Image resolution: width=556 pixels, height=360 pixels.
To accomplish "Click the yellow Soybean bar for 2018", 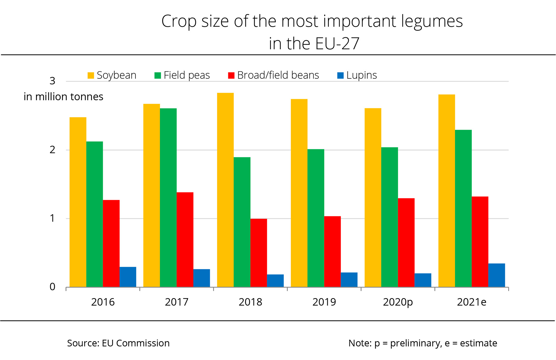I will [225, 190].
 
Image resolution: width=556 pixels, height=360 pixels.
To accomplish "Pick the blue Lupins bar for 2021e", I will [497, 275].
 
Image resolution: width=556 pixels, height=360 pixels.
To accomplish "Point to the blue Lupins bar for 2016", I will [128, 277].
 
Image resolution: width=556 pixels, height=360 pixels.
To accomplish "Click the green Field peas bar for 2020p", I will [390, 217].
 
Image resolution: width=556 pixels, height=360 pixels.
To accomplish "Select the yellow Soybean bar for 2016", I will [78, 202].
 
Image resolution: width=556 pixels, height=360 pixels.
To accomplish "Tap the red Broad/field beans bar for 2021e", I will [480, 242].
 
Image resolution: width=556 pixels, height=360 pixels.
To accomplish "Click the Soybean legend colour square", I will [91, 75].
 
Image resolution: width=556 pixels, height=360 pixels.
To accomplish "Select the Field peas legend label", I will [187, 75].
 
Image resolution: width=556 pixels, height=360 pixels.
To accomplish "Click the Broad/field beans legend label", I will [278, 75].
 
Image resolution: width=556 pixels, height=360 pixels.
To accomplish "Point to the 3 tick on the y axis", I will [53, 81].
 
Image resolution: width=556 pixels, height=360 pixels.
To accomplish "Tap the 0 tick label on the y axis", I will [53, 287].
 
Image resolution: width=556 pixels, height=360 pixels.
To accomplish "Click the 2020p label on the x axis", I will [398, 302].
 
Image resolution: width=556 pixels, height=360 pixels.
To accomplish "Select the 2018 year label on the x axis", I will [250, 302].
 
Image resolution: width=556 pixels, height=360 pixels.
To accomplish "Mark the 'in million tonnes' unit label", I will [64, 97].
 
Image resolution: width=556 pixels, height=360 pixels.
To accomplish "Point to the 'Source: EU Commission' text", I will [118, 343].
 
